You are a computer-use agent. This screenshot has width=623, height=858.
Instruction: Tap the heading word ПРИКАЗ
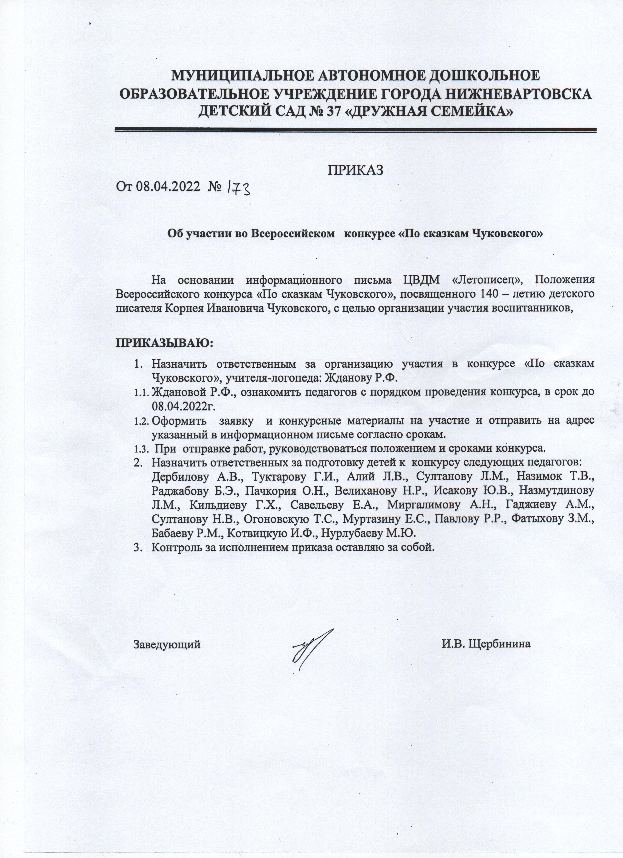(355, 170)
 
